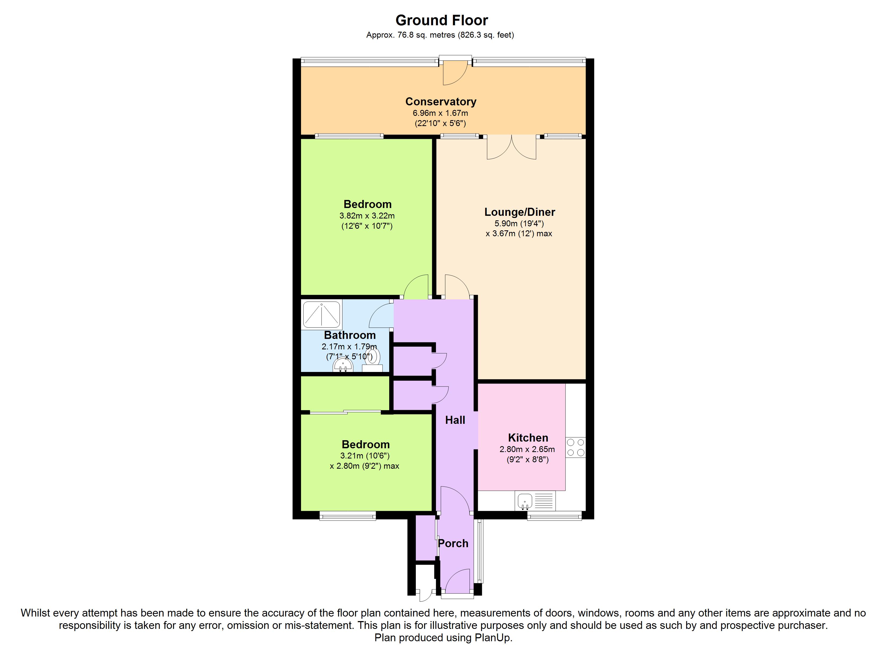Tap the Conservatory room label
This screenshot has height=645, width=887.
point(441,102)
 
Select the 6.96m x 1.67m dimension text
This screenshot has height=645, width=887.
point(440,113)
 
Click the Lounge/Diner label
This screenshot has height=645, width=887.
point(520,212)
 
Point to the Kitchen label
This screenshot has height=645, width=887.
point(528,438)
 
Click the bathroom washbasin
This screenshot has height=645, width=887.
point(343,365)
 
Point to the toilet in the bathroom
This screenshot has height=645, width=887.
point(372,360)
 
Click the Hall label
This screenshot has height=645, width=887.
point(455,420)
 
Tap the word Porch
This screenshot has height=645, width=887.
point(453,543)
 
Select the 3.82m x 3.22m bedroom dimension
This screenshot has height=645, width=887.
point(367,216)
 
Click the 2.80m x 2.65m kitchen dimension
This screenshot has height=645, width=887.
point(527,449)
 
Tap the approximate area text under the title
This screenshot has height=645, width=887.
point(440,35)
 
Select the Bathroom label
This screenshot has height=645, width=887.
point(350,335)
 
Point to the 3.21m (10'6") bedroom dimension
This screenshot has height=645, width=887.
point(365,456)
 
